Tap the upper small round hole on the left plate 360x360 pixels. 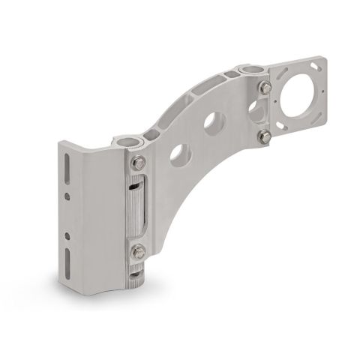[x=68, y=196]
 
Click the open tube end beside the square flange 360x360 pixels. [x=251, y=71]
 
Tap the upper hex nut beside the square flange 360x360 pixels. [x=265, y=89]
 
